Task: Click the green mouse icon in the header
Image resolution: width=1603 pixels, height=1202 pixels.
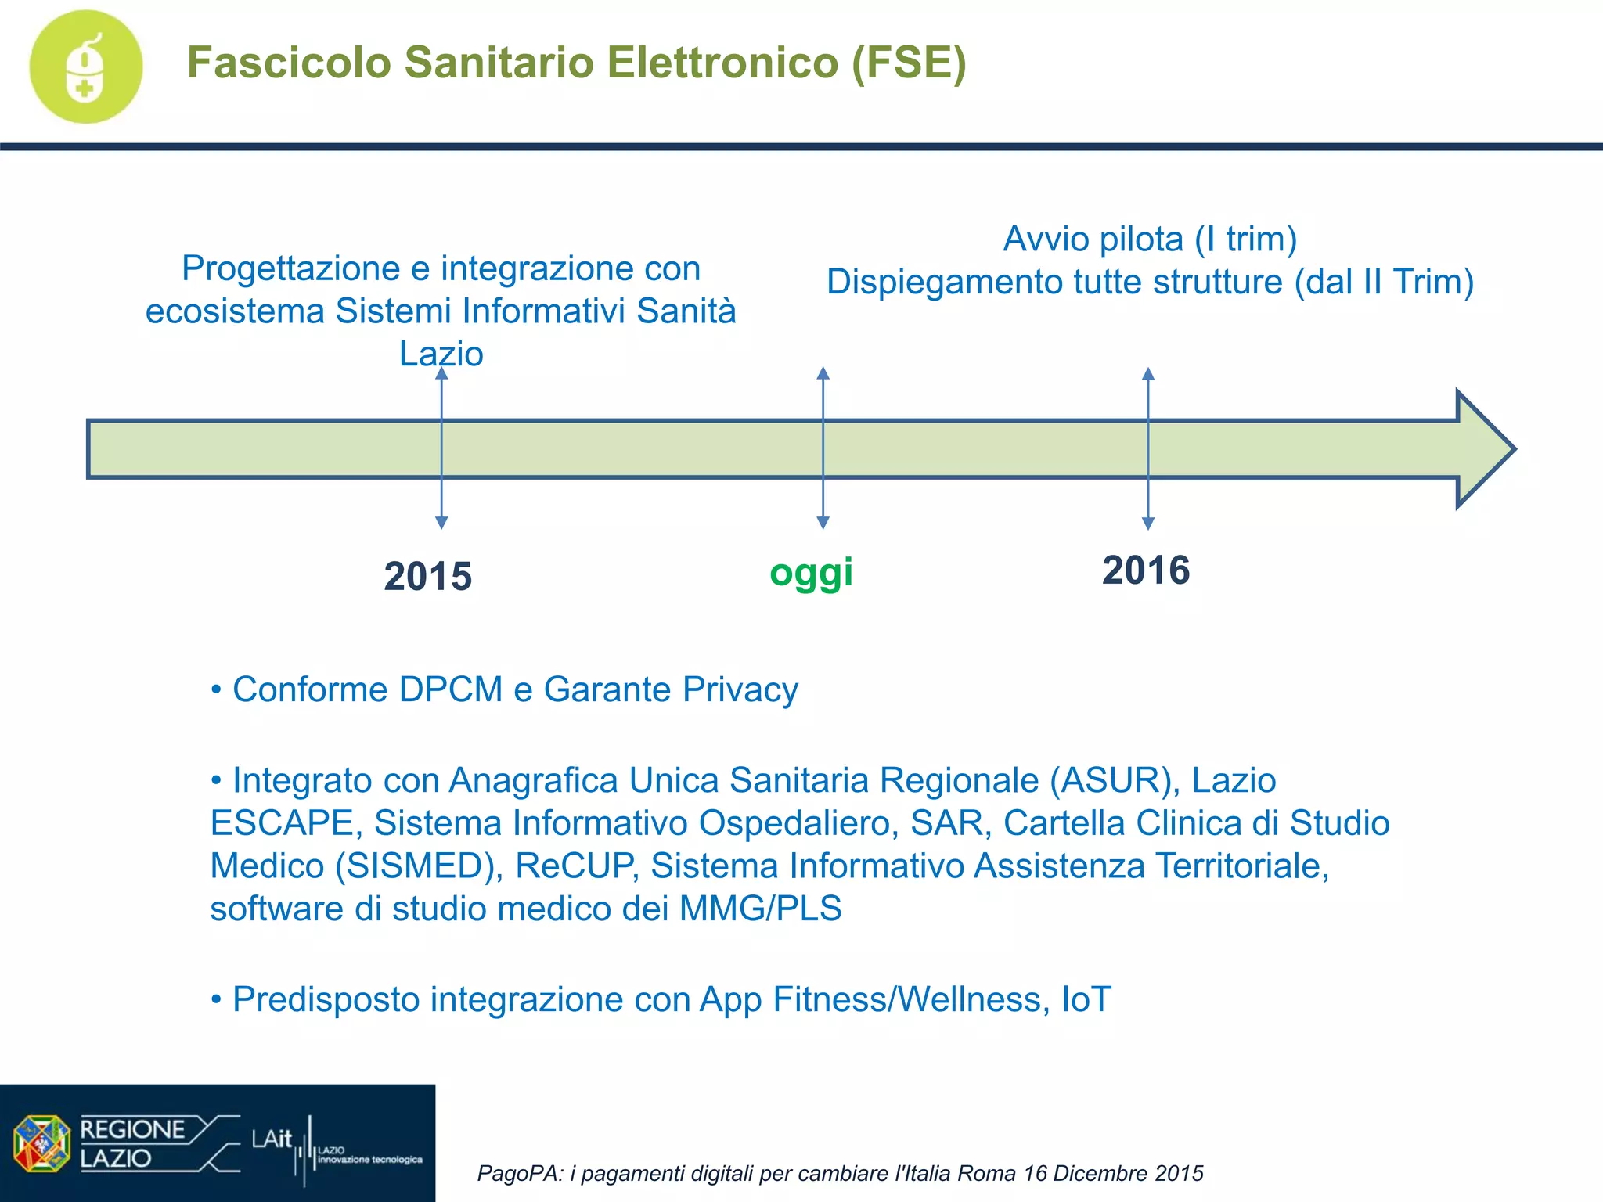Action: pyautogui.click(x=86, y=67)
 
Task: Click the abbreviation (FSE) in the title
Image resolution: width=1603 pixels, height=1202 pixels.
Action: pyautogui.click(x=909, y=63)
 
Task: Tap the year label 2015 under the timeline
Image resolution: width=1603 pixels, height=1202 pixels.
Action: pyautogui.click(x=427, y=577)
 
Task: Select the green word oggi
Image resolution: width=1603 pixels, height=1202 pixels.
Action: pyautogui.click(x=811, y=573)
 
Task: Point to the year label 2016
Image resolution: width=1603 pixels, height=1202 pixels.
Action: pyautogui.click(x=1146, y=570)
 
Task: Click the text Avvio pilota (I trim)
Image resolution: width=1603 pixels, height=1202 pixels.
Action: pyautogui.click(x=1150, y=239)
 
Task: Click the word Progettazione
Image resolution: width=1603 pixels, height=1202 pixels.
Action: pyautogui.click(x=291, y=269)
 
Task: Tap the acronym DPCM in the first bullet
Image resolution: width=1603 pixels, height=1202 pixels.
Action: pyautogui.click(x=450, y=690)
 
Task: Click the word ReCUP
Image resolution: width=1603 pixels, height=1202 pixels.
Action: pyautogui.click(x=574, y=866)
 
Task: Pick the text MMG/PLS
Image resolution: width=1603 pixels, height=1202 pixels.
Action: pyautogui.click(x=760, y=909)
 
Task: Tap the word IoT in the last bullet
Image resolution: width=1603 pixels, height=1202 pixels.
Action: pyautogui.click(x=1086, y=1000)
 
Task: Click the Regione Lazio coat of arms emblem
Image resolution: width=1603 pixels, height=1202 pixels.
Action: pyautogui.click(x=41, y=1143)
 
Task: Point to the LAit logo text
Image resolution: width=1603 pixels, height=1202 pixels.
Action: pyautogui.click(x=271, y=1139)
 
